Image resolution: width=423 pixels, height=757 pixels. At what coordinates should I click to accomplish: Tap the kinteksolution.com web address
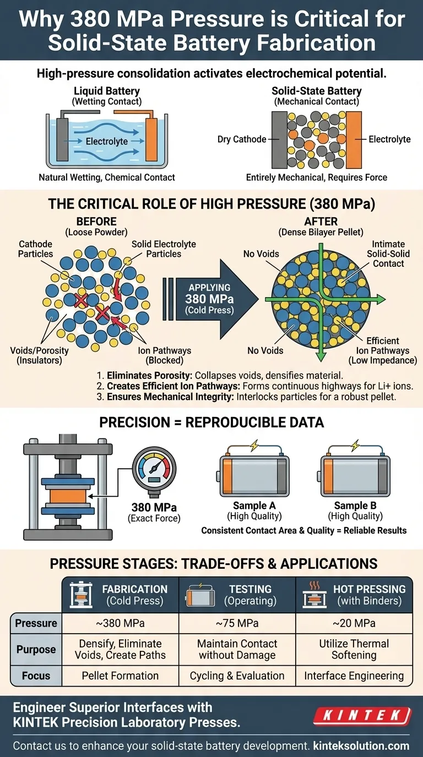361,745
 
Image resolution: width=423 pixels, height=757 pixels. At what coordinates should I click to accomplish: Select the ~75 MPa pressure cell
237,623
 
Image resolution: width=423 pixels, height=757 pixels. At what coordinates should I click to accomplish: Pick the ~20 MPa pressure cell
354,623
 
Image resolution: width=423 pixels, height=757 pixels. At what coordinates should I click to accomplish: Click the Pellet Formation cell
120,676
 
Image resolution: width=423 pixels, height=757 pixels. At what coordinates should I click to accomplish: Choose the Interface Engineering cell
354,676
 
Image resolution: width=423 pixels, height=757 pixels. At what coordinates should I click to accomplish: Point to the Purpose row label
36,649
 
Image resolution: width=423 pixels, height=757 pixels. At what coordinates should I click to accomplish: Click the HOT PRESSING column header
354,595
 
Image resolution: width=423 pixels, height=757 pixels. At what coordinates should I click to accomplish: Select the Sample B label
355,505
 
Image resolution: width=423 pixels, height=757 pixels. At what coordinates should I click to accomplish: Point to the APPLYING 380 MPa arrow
210,299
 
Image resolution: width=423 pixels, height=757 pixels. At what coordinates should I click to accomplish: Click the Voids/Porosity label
39,355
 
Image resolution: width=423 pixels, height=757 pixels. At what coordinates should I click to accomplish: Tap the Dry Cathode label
242,139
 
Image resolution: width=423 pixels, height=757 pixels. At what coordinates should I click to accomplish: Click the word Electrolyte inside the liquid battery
107,141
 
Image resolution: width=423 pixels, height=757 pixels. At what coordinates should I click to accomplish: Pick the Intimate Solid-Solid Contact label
388,254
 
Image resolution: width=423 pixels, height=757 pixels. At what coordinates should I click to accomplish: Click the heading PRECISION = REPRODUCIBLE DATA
211,422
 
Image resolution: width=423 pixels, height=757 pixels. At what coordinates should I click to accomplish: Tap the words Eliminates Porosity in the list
149,375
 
